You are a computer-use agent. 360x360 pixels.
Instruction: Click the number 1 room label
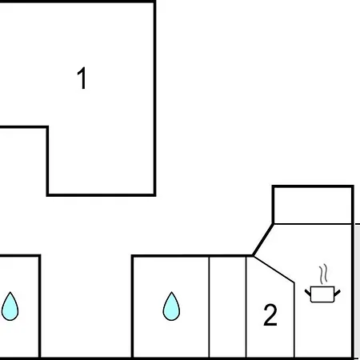pyautogui.click(x=82, y=78)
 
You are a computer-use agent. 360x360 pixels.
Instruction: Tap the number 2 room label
pyautogui.click(x=270, y=315)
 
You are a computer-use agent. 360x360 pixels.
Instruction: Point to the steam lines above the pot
pyautogui.click(x=323, y=274)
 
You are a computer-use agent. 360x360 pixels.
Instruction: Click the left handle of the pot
pyautogui.click(x=308, y=293)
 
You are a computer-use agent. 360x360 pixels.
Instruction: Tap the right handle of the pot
pyautogui.click(x=338, y=293)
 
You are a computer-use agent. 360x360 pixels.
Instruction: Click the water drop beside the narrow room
pyautogui.click(x=171, y=306)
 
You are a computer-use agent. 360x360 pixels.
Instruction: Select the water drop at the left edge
pyautogui.click(x=10, y=306)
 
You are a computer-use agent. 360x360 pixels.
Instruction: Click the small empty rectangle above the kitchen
pyautogui.click(x=313, y=205)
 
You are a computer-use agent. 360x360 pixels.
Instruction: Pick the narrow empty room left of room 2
pyautogui.click(x=227, y=306)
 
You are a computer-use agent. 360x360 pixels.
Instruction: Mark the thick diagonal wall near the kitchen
pyautogui.click(x=263, y=240)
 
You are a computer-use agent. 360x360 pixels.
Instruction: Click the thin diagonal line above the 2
pyautogui.click(x=274, y=270)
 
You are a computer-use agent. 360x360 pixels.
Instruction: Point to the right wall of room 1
pyautogui.click(x=154, y=98)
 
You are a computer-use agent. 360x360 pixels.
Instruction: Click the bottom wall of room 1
pyautogui.click(x=101, y=195)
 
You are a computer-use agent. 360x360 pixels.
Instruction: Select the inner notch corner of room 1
pyautogui.click(x=47, y=127)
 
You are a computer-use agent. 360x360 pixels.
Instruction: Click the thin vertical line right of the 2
pyautogui.click(x=294, y=320)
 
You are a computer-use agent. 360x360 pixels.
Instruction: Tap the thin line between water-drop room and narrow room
pyautogui.click(x=209, y=306)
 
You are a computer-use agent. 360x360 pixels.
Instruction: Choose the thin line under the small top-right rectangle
pyautogui.click(x=313, y=224)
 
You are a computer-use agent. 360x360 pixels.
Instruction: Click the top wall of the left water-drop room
pyautogui.click(x=20, y=256)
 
